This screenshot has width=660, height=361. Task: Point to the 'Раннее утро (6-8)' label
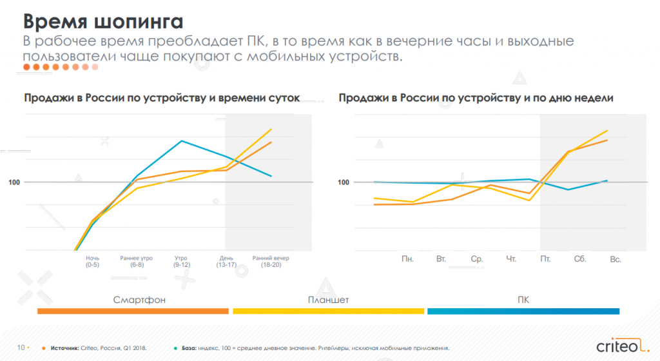(137, 261)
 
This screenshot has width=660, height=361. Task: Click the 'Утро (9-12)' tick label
(182, 261)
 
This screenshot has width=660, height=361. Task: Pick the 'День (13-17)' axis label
(228, 261)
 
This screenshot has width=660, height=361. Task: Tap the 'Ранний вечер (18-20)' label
(271, 261)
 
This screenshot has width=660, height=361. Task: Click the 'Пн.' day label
(407, 259)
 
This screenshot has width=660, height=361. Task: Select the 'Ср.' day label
(477, 259)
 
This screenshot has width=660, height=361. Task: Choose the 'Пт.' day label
(545, 259)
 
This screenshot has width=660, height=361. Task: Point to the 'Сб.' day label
(579, 259)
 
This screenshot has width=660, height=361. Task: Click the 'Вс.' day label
(615, 259)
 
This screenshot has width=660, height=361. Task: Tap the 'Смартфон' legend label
(133, 300)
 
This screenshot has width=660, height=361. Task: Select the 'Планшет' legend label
(328, 300)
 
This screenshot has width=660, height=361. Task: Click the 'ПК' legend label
(523, 300)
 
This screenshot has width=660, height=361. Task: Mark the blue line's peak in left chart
(182, 141)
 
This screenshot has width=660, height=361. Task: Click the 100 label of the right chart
(344, 182)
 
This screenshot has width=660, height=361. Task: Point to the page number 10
(21, 348)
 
